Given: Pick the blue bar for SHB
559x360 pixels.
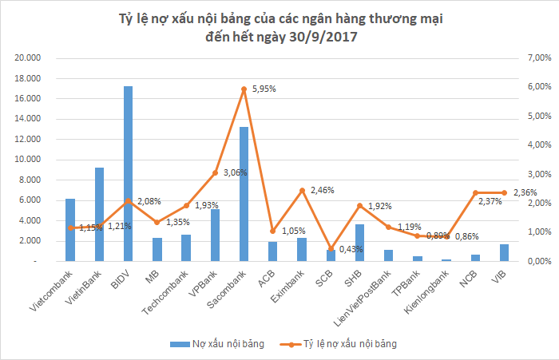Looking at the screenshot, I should [x=359, y=243].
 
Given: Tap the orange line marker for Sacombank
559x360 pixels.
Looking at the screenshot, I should [x=244, y=89].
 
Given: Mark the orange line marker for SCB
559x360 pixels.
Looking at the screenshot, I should [x=331, y=248].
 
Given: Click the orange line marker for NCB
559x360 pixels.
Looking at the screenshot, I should [x=475, y=192].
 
